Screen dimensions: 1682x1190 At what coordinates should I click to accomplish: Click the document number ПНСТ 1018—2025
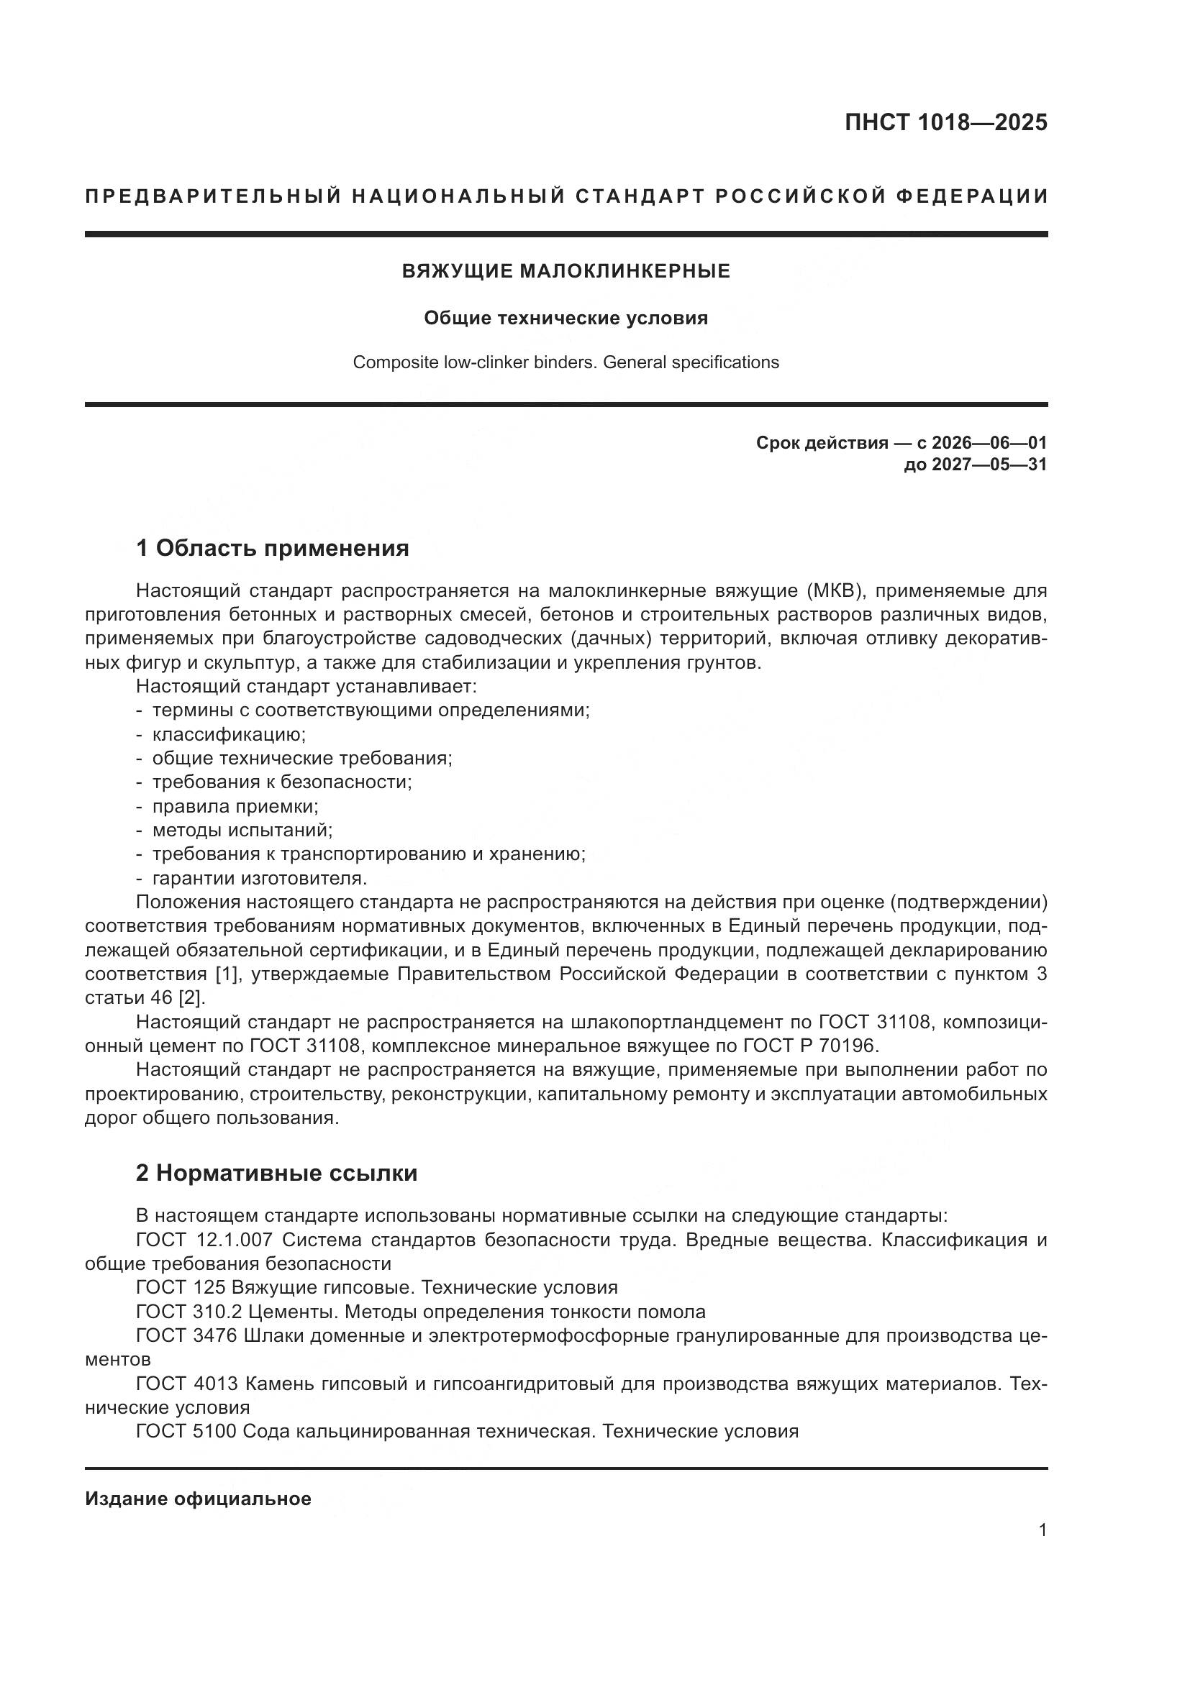(945, 123)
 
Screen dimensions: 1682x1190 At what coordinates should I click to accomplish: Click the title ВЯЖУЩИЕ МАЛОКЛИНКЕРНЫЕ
(566, 272)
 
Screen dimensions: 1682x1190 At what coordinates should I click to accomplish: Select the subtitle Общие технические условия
(566, 318)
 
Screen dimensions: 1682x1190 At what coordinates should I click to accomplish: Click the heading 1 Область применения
(272, 548)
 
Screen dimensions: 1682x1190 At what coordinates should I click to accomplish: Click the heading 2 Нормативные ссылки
(276, 1173)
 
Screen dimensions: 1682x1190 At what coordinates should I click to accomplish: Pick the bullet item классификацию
(229, 734)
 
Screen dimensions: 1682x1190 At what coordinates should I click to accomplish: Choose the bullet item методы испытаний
(242, 830)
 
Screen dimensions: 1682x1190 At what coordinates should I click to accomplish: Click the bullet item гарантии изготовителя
(260, 877)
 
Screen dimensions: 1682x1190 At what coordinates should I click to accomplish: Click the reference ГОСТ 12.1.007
(204, 1240)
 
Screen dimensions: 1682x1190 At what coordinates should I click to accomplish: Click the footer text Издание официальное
(198, 1499)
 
